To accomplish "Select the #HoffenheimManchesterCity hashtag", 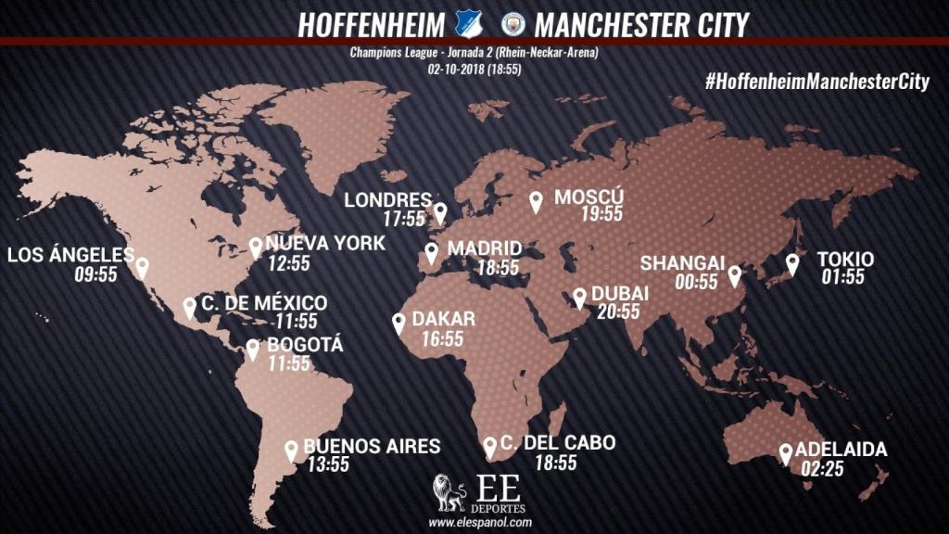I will tap(816, 82).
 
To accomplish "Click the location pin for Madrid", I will tap(432, 253).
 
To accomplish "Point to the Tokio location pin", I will tap(792, 264).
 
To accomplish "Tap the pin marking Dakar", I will tap(399, 324).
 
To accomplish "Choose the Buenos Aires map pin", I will tap(292, 451).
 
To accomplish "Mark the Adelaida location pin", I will tap(786, 453).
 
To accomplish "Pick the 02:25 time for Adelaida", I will tap(822, 469).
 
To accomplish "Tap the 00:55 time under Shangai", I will tap(696, 281).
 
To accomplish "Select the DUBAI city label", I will tap(619, 294).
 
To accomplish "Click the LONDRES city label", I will tap(387, 200).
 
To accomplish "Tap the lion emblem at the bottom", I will tap(449, 494).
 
